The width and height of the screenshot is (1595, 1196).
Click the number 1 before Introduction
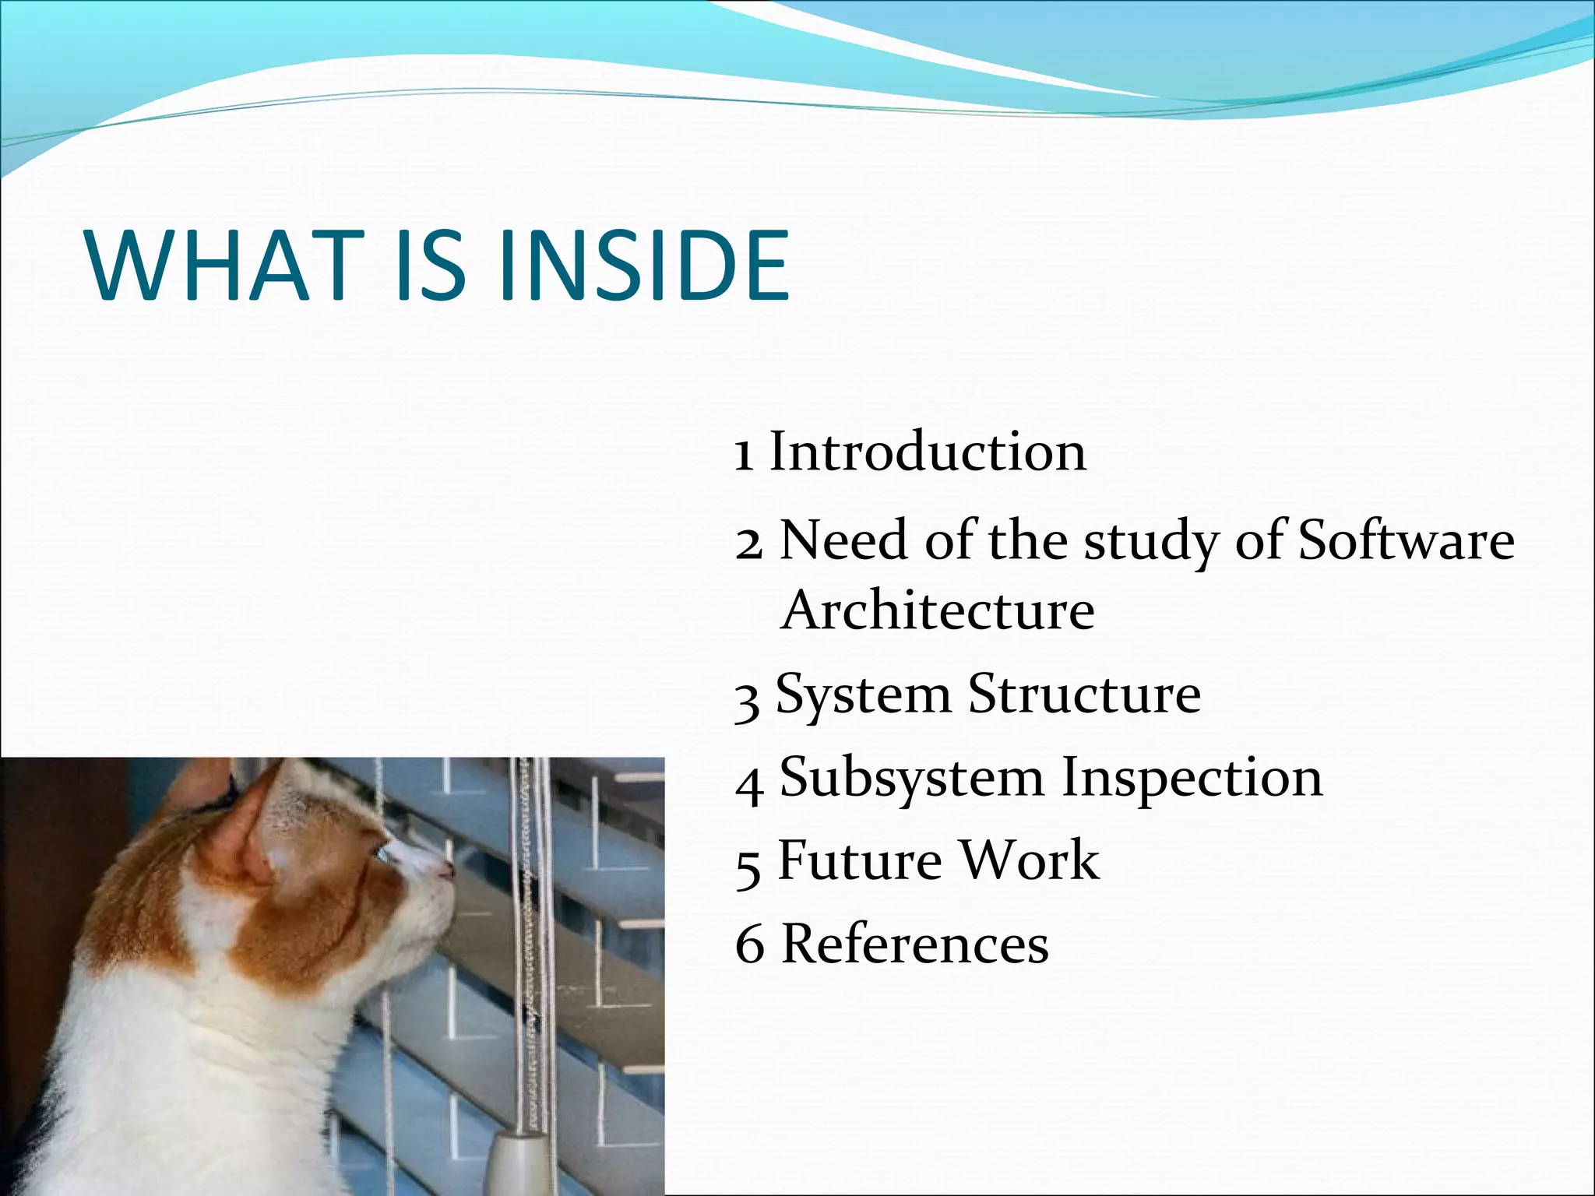745,455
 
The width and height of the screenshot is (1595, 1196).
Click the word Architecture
938,611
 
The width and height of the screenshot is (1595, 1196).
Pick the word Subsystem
912,779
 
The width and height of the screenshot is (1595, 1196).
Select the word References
914,944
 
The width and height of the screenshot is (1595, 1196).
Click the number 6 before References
749,945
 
